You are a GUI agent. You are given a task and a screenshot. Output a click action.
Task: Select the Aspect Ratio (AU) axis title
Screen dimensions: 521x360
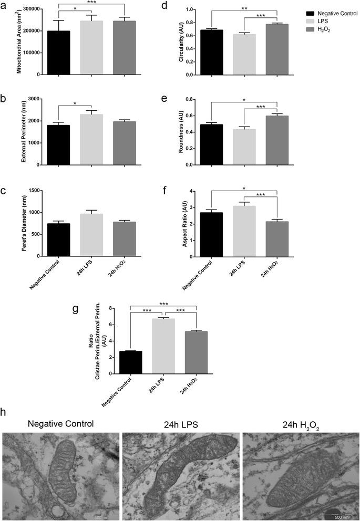(x=185, y=224)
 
